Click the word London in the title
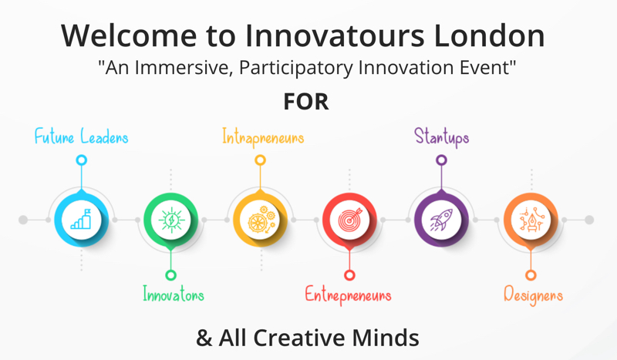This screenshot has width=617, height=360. pyautogui.click(x=489, y=35)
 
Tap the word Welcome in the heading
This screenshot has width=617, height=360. pyautogui.click(x=129, y=35)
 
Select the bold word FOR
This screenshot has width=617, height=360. pyautogui.click(x=306, y=102)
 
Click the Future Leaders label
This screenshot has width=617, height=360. pyautogui.click(x=82, y=136)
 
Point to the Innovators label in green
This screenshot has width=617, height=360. pyautogui.click(x=174, y=294)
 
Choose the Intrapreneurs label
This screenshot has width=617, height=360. pyautogui.click(x=263, y=138)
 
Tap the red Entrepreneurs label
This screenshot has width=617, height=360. pyautogui.click(x=349, y=295)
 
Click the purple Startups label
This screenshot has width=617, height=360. pyautogui.click(x=441, y=137)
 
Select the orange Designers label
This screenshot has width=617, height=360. pyautogui.click(x=533, y=295)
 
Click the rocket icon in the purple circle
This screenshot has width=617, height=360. pyautogui.click(x=441, y=220)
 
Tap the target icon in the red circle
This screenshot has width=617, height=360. pyautogui.click(x=350, y=220)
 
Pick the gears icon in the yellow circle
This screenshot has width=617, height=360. pyautogui.click(x=261, y=220)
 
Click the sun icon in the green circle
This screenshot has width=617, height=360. pyautogui.click(x=170, y=220)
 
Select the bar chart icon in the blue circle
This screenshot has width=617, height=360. pyautogui.click(x=81, y=219)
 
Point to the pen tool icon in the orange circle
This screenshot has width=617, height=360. pyautogui.click(x=531, y=220)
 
